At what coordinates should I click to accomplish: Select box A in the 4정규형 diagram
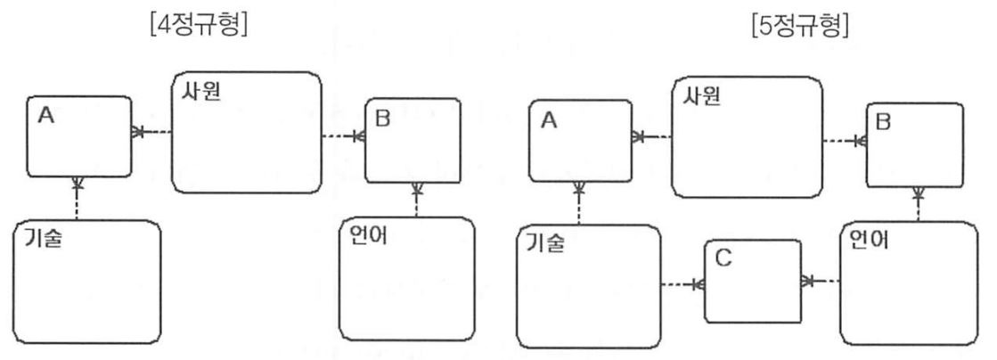[78, 135]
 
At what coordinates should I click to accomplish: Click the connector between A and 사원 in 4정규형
[151, 132]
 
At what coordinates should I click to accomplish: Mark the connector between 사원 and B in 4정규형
[343, 136]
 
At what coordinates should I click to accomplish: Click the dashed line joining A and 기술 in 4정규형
[78, 197]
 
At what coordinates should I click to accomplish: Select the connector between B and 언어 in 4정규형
[416, 199]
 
